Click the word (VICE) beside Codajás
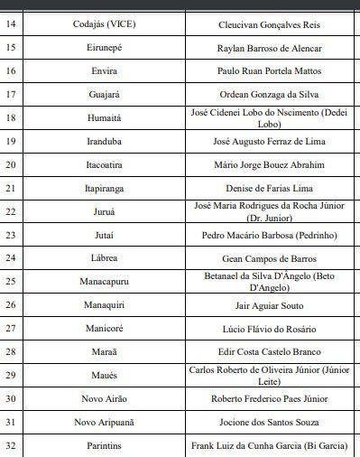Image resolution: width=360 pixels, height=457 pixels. click(133, 23)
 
